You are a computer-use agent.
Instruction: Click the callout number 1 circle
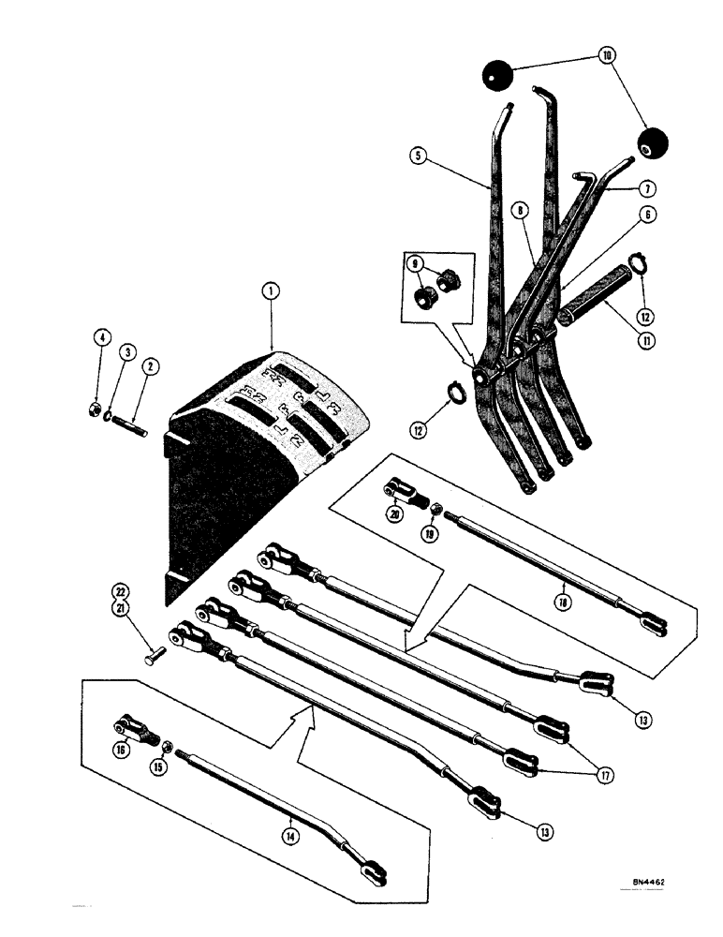tap(270, 293)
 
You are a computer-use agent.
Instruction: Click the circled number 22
tap(120, 591)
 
